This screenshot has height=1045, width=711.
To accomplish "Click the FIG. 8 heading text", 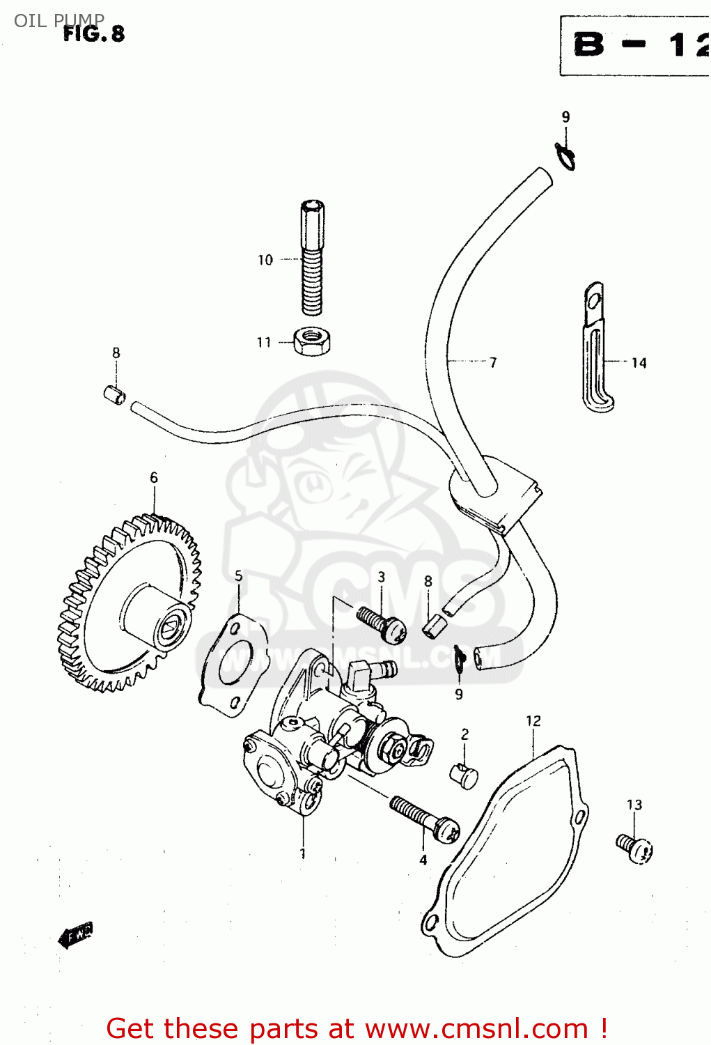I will tap(93, 33).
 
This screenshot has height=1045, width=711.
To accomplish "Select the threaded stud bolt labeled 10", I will tap(312, 258).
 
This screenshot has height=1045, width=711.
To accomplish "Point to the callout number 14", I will tap(639, 363).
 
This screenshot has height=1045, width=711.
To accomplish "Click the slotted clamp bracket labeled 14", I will tap(595, 348).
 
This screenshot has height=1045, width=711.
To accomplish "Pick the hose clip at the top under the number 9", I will tap(565, 157).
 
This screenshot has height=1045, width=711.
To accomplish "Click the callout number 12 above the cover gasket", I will tap(533, 721).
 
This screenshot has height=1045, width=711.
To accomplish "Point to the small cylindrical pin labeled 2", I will tap(464, 775).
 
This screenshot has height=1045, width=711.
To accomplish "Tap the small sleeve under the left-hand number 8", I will tap(114, 395).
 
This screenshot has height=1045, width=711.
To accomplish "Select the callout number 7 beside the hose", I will tap(493, 362).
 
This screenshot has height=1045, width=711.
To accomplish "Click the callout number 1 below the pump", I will tap(303, 853).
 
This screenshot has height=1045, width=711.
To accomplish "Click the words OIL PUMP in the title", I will tap(59, 20).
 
